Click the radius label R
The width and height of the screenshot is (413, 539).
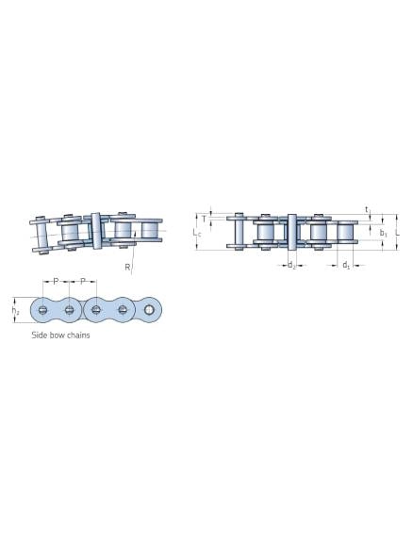tap(127, 267)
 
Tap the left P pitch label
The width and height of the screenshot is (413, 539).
tap(56, 282)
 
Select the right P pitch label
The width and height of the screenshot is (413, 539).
tap(83, 282)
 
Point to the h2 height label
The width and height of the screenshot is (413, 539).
tap(15, 310)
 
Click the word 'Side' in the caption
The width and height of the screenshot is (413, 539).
tap(40, 335)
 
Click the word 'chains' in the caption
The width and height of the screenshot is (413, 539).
tap(78, 335)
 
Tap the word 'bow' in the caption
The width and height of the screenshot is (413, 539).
tap(58, 335)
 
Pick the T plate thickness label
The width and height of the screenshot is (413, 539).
tap(204, 219)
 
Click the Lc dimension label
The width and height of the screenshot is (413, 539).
tap(197, 233)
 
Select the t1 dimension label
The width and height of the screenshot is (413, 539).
tap(367, 209)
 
